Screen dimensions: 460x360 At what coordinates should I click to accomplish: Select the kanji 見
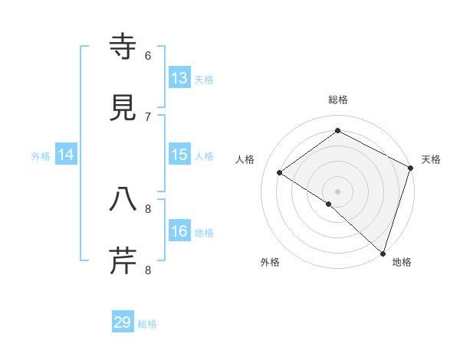coord(123,108)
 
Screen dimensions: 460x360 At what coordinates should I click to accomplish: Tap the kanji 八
coord(123,200)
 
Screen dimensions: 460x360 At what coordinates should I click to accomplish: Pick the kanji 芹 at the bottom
coord(123,260)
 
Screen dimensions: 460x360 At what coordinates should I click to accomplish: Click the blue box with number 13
coord(179,78)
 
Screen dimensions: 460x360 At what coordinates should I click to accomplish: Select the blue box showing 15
coord(179,155)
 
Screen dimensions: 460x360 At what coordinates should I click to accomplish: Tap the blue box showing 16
coord(179,231)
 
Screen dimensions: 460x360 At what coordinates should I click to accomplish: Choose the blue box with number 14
coord(66,155)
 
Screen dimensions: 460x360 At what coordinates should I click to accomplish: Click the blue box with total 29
coord(123,322)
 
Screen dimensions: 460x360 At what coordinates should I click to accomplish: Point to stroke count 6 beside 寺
coord(148,56)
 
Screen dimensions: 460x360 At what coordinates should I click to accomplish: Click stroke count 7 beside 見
coord(148,116)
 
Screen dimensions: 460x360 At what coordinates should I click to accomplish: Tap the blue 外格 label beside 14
coord(41,156)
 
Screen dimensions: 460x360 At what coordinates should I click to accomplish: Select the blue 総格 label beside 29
coord(147,324)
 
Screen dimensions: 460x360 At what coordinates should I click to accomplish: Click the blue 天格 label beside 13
coord(204,80)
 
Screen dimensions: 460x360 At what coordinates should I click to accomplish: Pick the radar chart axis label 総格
coord(338,100)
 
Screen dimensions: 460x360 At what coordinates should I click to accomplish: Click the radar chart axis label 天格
coord(431,159)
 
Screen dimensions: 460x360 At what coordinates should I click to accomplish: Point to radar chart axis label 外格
coord(270,262)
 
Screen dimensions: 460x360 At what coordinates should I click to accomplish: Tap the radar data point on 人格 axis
coord(280,172)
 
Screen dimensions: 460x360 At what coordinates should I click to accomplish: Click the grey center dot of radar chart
coord(338,191)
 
